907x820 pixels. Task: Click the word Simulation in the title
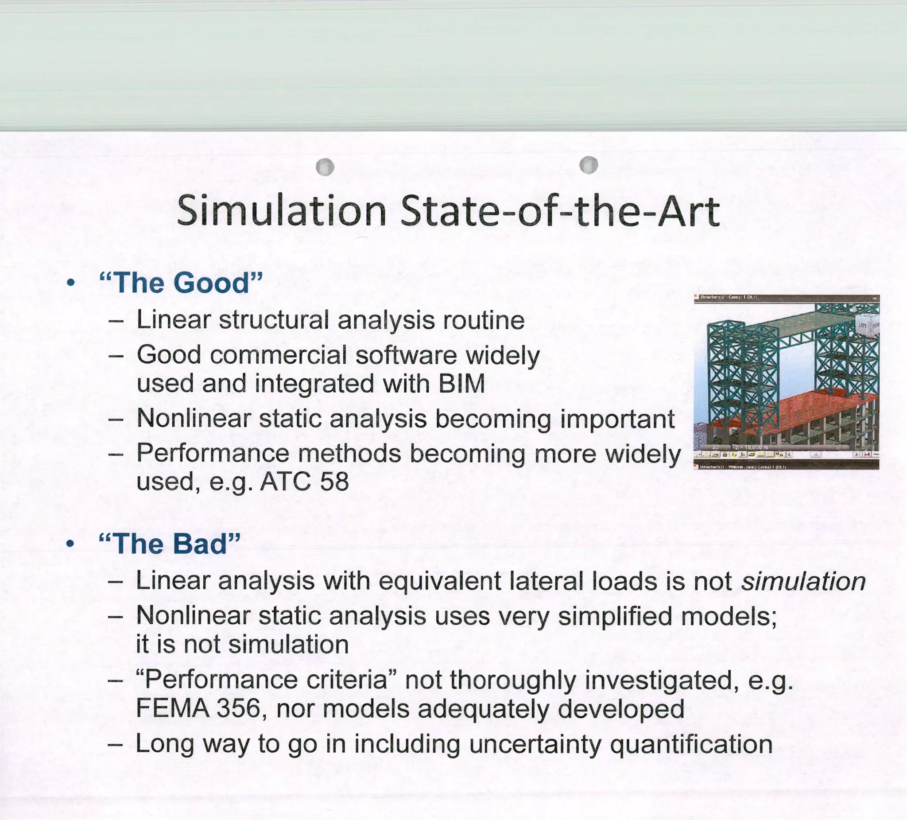point(281,211)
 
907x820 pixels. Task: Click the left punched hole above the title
point(325,167)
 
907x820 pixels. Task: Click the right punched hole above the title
point(589,165)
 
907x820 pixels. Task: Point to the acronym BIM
point(461,384)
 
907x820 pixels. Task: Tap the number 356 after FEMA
point(238,708)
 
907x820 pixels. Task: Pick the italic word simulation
point(803,581)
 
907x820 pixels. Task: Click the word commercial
point(278,355)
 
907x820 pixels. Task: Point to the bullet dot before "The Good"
point(70,283)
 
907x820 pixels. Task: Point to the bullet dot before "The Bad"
point(70,544)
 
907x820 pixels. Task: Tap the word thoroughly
point(513,680)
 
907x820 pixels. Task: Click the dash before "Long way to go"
point(116,744)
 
